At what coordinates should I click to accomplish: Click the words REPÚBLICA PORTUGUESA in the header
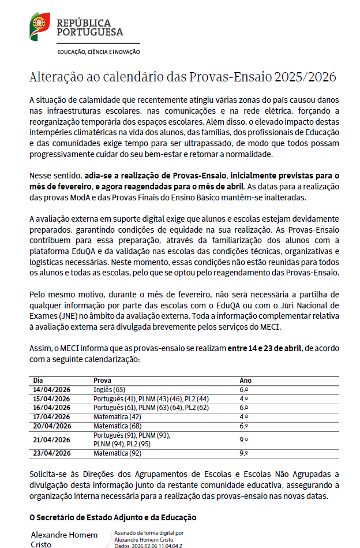point(89,27)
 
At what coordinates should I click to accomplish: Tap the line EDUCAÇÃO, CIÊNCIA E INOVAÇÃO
point(98,52)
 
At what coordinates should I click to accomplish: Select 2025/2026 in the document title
point(305,77)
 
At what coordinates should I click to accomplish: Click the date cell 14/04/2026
point(52,390)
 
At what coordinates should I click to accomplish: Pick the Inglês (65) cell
point(109,390)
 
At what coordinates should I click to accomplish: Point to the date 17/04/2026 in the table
point(52,416)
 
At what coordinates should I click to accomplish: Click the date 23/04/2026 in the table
point(52,453)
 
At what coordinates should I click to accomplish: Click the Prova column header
point(103,381)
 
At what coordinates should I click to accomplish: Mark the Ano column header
point(246,381)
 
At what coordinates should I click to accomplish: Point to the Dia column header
point(38,381)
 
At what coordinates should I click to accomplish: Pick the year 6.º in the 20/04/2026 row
point(243,426)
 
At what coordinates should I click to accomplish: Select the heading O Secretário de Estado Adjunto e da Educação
point(113,517)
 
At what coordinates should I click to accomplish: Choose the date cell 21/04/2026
point(52,439)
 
